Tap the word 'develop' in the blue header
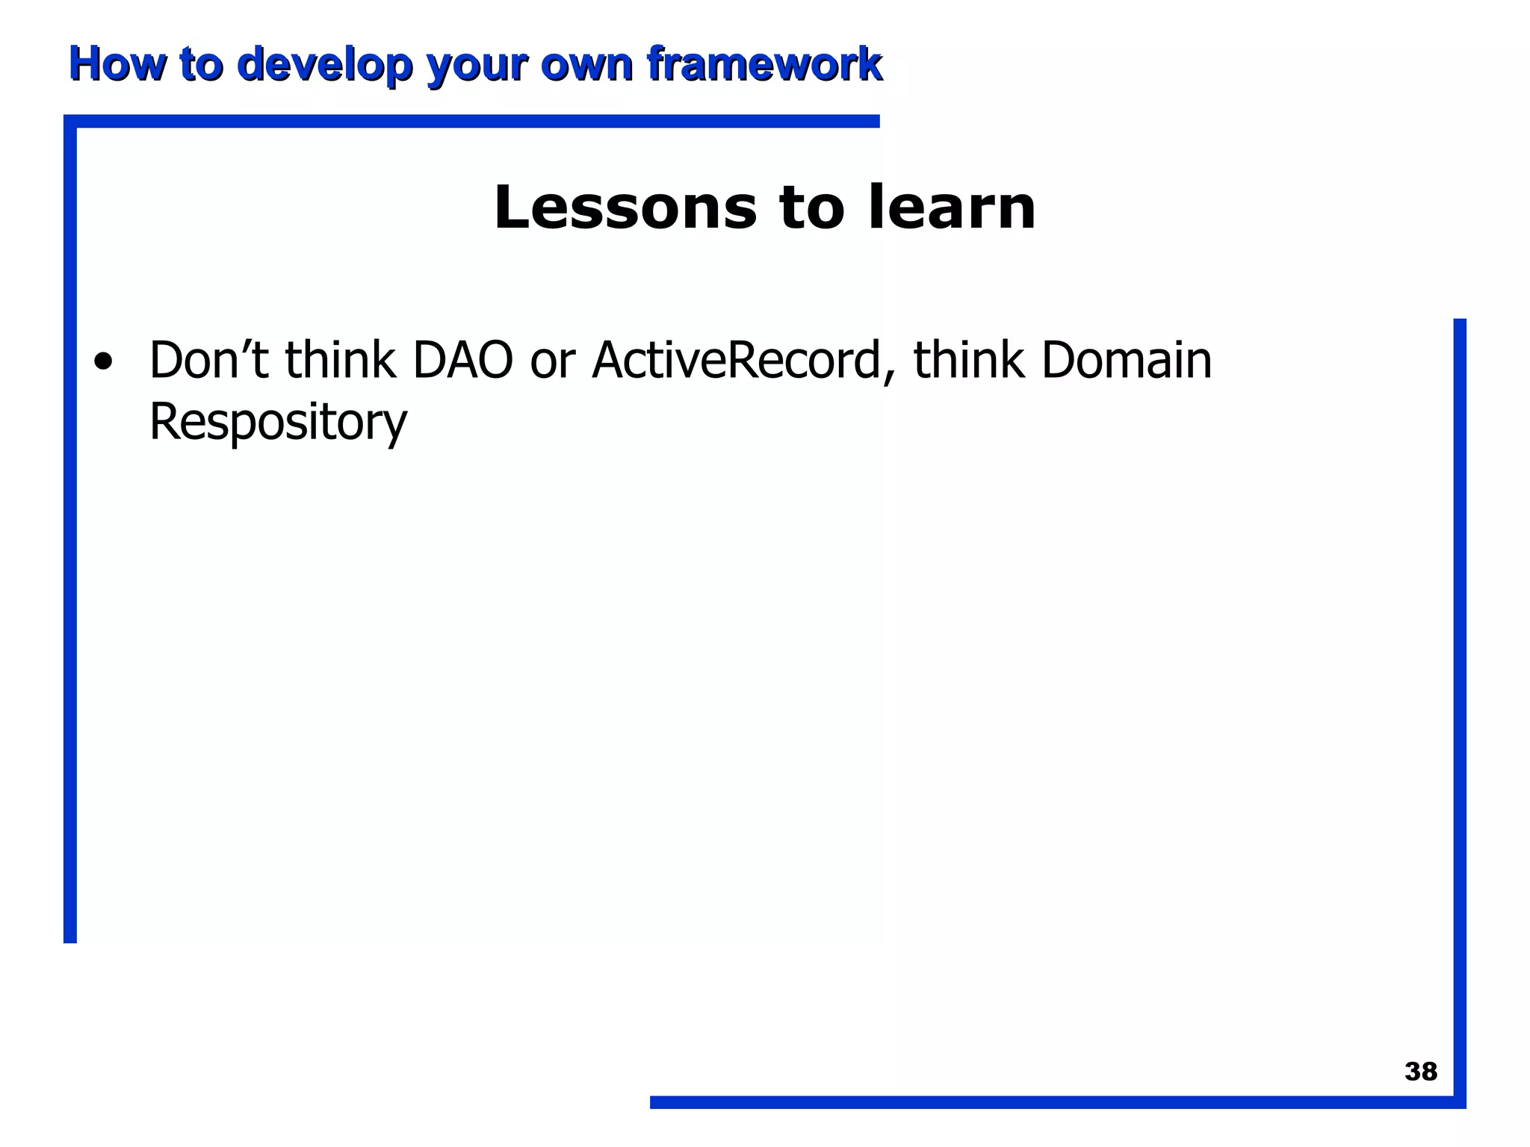(324, 64)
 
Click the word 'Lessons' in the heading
(625, 208)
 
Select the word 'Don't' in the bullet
(208, 361)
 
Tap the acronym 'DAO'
(462, 361)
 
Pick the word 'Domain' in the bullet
(1126, 361)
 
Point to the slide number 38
(1420, 1072)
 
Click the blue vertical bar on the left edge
(70, 530)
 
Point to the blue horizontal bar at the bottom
(1046, 1102)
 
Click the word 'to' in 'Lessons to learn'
(811, 208)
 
